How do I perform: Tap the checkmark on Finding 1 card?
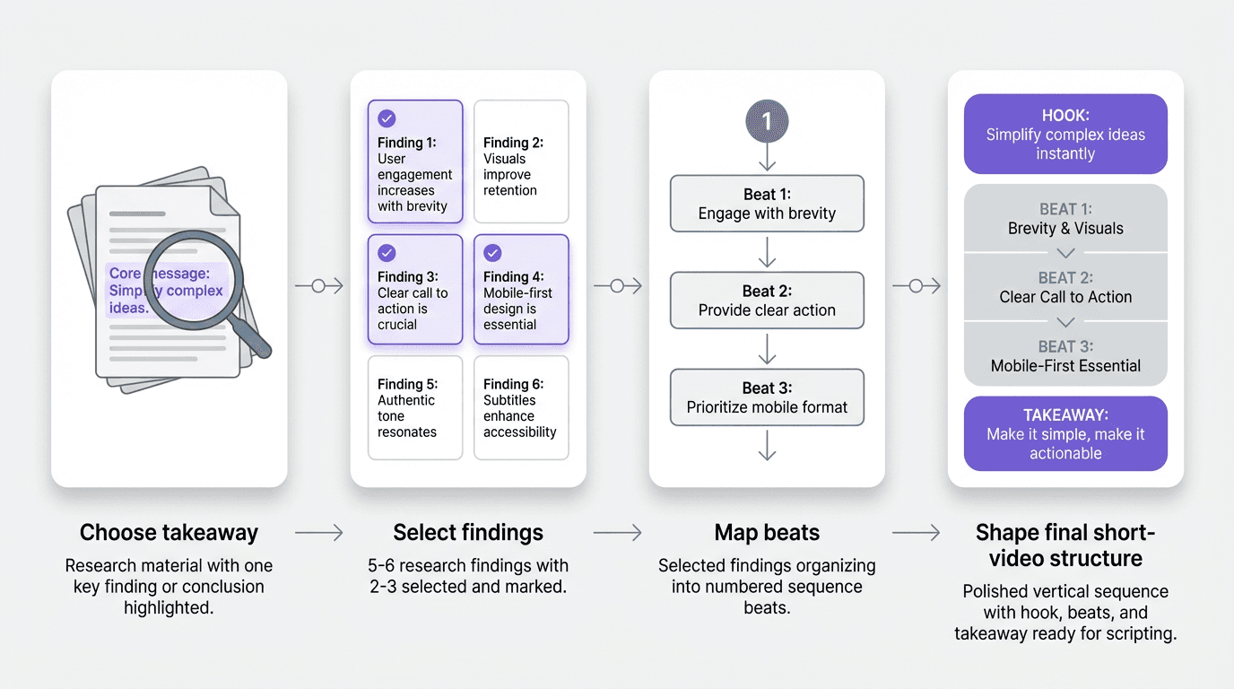coord(387,118)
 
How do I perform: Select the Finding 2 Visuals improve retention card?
coord(521,161)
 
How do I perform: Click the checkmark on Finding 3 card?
coord(387,253)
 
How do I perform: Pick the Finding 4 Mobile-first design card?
coord(521,290)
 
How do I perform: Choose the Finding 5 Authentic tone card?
coord(415,408)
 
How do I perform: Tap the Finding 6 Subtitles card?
coord(521,408)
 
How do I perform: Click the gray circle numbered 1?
coord(767,120)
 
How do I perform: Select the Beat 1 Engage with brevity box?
coord(767,205)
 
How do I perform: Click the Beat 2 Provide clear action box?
coord(767,301)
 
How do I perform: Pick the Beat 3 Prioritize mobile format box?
coord(767,397)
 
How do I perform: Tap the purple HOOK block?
coord(1065,135)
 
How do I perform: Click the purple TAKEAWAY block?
coord(1065,434)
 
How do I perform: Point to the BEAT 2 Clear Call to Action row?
coord(1065,288)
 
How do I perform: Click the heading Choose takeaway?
coord(169,533)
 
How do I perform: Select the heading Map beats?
coord(767,533)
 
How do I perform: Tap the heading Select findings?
coord(468,533)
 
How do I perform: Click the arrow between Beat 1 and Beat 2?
coord(767,254)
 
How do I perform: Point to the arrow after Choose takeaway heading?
coord(318,533)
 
